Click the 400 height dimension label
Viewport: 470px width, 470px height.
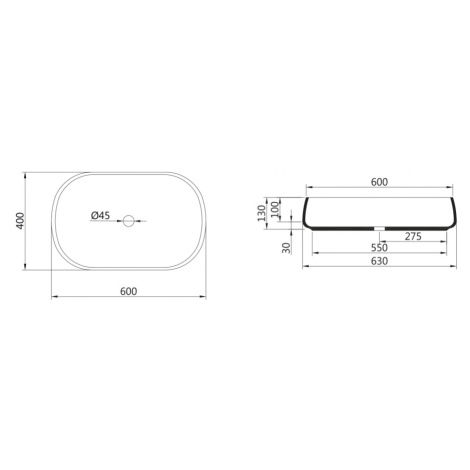click(20, 221)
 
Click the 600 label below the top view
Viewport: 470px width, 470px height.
click(128, 291)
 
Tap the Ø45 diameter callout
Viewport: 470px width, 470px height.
click(100, 216)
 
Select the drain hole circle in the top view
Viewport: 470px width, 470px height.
click(128, 220)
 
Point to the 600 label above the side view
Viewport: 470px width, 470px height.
click(379, 182)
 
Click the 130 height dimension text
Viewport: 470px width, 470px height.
click(262, 213)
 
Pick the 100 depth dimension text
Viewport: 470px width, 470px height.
click(275, 209)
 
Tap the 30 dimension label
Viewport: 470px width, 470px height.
click(286, 248)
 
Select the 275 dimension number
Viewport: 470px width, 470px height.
click(413, 236)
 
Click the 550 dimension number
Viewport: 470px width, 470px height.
click(379, 248)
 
